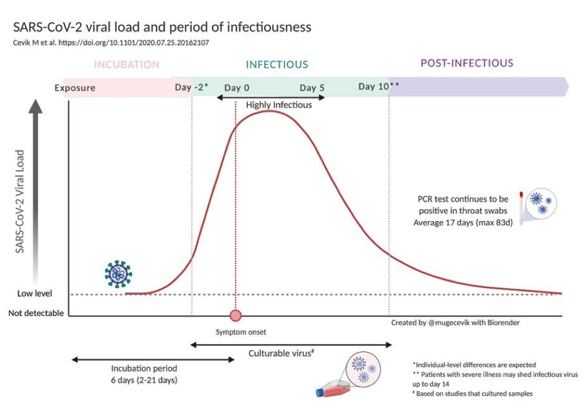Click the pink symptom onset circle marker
pyautogui.click(x=235, y=315)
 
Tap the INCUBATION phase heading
pyautogui.click(x=127, y=64)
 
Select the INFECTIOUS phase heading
pyautogui.click(x=277, y=65)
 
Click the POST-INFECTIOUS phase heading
pyautogui.click(x=466, y=63)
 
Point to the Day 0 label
pyautogui.click(x=237, y=88)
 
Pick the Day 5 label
pyautogui.click(x=312, y=88)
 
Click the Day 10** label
pyautogui.click(x=378, y=86)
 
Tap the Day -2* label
pyautogui.click(x=191, y=87)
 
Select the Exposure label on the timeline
pyautogui.click(x=75, y=88)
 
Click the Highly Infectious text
pyautogui.click(x=279, y=105)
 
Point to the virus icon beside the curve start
pyautogui.click(x=118, y=273)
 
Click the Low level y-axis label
pyautogui.click(x=35, y=294)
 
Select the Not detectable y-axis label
pyautogui.click(x=36, y=313)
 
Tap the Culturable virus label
pyautogui.click(x=281, y=353)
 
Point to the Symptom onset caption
pyautogui.click(x=236, y=332)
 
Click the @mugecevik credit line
pyautogui.click(x=455, y=323)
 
